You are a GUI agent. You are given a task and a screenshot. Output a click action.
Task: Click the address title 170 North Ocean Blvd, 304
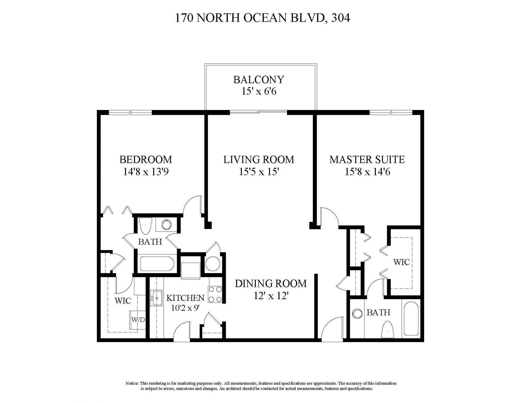(262, 18)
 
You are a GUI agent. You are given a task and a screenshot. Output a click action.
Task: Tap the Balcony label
(259, 80)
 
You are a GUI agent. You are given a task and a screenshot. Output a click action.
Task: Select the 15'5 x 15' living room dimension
(259, 172)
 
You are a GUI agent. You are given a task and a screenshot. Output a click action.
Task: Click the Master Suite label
(367, 159)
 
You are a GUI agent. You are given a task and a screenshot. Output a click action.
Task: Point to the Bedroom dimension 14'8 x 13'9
(146, 172)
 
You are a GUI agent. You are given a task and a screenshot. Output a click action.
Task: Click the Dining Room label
(271, 284)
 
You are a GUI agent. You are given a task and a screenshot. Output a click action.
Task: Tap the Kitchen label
(185, 298)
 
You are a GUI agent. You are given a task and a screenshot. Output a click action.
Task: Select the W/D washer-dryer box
(138, 320)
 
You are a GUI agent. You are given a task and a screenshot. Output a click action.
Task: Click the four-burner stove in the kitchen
(215, 294)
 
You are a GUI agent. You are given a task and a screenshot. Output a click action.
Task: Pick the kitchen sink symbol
(157, 298)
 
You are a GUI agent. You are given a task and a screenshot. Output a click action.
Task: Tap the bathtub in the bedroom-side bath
(157, 263)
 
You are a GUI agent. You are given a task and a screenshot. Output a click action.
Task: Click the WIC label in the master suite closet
(401, 262)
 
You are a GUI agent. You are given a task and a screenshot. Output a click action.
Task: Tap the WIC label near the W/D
(123, 301)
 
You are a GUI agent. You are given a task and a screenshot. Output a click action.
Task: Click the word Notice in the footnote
(132, 383)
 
